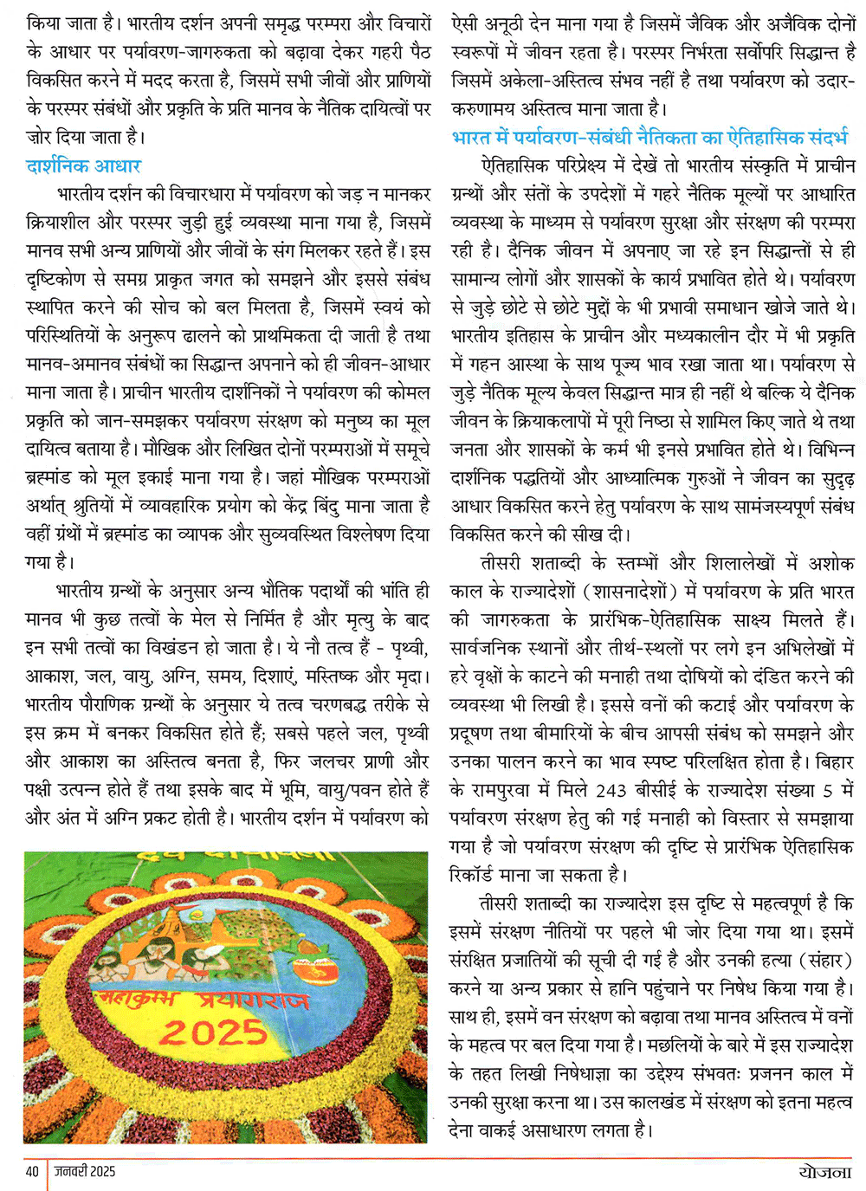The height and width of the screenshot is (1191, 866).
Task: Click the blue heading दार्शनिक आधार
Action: [x=83, y=165]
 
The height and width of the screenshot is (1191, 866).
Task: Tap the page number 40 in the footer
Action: [x=32, y=1172]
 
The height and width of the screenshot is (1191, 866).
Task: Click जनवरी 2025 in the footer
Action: [x=85, y=1172]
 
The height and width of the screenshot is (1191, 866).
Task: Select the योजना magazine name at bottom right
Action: [x=824, y=1172]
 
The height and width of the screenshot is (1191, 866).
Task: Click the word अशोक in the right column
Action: [x=831, y=563]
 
